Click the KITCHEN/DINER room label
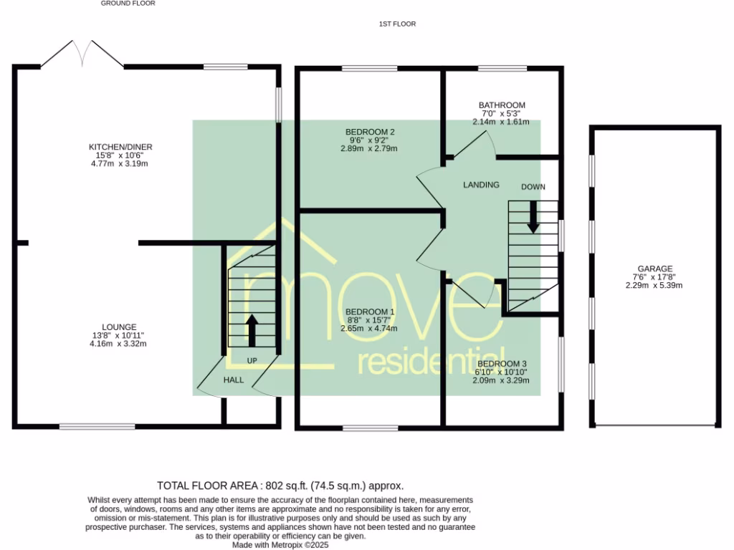point(125,147)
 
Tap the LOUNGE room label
point(119,327)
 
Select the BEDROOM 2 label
point(370,132)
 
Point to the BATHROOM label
point(502,105)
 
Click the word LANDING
point(481,185)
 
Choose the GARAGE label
point(652,269)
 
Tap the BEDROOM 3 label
point(502,364)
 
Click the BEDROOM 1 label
point(370,312)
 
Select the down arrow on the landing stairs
point(533,217)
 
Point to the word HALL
point(233,380)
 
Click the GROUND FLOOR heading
point(128,4)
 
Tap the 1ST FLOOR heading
point(398,24)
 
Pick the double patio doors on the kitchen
point(82,54)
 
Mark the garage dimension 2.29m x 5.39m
point(652,286)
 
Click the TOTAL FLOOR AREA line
point(285,486)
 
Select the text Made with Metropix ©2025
point(280,545)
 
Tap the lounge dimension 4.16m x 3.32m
point(119,344)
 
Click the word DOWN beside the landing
point(533,187)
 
